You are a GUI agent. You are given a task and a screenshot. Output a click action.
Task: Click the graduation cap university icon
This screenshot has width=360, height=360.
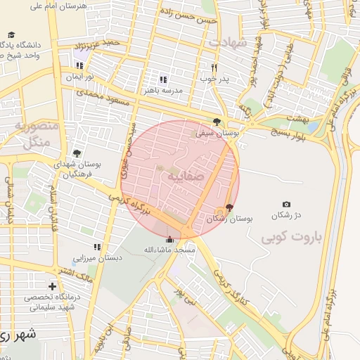click(x=11, y=34)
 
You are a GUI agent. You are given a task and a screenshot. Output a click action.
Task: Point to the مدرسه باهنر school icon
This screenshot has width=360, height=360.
click(x=163, y=80)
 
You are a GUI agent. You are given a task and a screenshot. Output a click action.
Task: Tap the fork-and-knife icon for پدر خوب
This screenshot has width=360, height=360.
click(x=214, y=67)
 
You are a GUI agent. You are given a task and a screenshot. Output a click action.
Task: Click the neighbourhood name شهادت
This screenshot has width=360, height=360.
click(x=228, y=43)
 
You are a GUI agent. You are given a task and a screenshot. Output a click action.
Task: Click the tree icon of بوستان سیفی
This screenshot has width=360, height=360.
click(x=225, y=121)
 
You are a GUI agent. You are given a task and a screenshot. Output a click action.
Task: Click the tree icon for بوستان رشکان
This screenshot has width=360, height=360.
click(x=229, y=207)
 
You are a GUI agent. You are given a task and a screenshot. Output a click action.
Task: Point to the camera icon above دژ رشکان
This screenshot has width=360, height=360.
click(x=286, y=204)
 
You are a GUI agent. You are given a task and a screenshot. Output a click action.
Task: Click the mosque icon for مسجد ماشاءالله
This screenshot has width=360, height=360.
click(x=169, y=239)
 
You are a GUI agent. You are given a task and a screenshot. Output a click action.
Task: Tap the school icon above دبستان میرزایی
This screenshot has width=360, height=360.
click(x=98, y=247)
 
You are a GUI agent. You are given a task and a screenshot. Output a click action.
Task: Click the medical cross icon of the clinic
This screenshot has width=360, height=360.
click(x=51, y=286)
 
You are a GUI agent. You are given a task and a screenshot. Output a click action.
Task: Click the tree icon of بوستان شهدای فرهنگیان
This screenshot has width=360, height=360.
click(x=77, y=153)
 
